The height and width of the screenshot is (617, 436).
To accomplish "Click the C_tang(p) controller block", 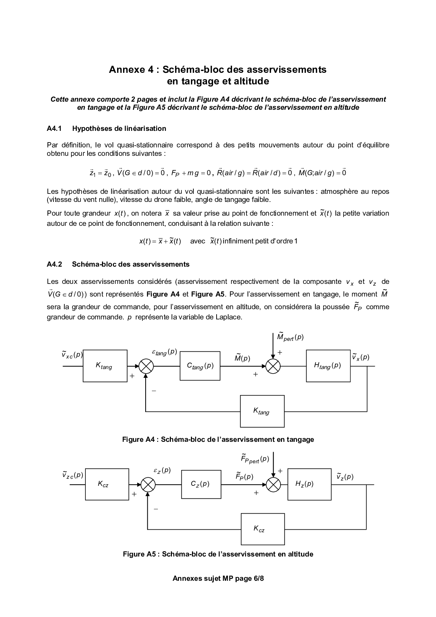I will click(200, 366).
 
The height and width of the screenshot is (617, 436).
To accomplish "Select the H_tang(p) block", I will click(328, 366).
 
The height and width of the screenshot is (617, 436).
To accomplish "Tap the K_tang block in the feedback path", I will click(262, 411).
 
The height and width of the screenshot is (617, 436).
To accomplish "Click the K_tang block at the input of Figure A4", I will click(105, 366).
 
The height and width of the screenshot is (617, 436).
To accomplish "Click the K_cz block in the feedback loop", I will click(262, 529).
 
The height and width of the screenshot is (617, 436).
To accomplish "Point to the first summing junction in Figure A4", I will click(146, 366).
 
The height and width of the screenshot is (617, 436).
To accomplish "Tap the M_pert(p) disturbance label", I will click(290, 337).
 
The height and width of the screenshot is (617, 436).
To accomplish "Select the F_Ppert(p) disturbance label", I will click(255, 459).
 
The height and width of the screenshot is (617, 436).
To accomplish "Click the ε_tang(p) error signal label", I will click(164, 352).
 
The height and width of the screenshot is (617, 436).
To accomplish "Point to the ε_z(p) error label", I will click(162, 471).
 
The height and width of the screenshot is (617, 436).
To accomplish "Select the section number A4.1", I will click(54, 128).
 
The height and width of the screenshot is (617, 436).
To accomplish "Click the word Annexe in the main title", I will click(126, 69).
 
